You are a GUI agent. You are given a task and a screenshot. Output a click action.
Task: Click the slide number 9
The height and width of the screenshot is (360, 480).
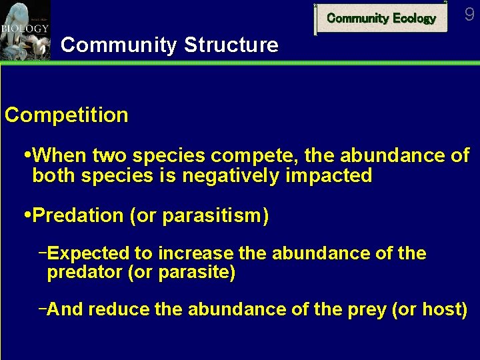[470, 14]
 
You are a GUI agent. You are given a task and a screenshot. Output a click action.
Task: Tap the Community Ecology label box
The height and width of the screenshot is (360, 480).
[381, 19]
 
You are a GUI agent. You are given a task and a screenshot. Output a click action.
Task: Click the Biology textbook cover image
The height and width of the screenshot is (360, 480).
[25, 30]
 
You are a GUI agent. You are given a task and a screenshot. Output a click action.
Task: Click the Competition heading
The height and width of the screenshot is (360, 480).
[67, 115]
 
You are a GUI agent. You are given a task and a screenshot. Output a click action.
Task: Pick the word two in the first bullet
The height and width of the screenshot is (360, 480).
[110, 156]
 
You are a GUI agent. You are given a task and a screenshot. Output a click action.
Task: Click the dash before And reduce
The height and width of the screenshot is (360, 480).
[43, 309]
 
